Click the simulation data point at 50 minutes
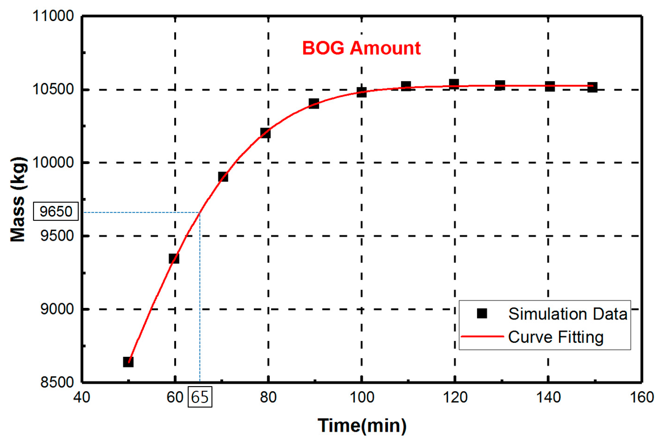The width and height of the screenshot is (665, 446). (x=128, y=362)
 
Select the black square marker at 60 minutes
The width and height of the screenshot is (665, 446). (x=174, y=258)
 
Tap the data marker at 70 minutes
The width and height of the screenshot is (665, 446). (x=223, y=177)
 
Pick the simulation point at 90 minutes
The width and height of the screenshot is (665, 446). (x=314, y=104)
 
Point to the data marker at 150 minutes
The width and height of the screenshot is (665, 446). (x=592, y=87)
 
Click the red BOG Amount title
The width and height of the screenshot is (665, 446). (x=361, y=48)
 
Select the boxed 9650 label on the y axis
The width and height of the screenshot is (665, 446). (x=56, y=211)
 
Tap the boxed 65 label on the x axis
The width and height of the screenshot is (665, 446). (x=200, y=397)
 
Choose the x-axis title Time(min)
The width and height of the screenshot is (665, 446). (x=362, y=426)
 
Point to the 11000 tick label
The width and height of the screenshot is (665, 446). (x=53, y=16)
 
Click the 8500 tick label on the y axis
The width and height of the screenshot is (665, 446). (x=57, y=382)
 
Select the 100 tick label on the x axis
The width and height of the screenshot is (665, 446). (x=362, y=397)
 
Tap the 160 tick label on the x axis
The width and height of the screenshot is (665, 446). (x=642, y=397)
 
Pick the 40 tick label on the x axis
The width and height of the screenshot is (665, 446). (x=82, y=397)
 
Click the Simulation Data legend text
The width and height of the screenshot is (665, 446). (x=568, y=314)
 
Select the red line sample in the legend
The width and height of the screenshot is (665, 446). (x=482, y=337)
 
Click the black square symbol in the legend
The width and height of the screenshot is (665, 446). (x=482, y=313)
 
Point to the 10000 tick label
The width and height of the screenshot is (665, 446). (x=53, y=163)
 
